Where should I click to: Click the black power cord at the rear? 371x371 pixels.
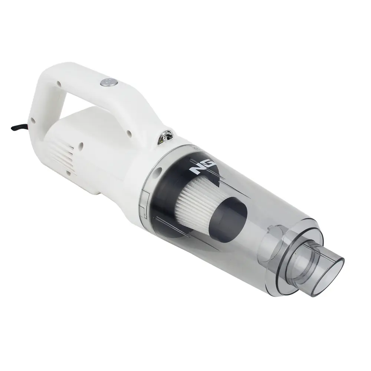pos(20,128)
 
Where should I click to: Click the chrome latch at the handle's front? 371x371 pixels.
pos(165,137)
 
